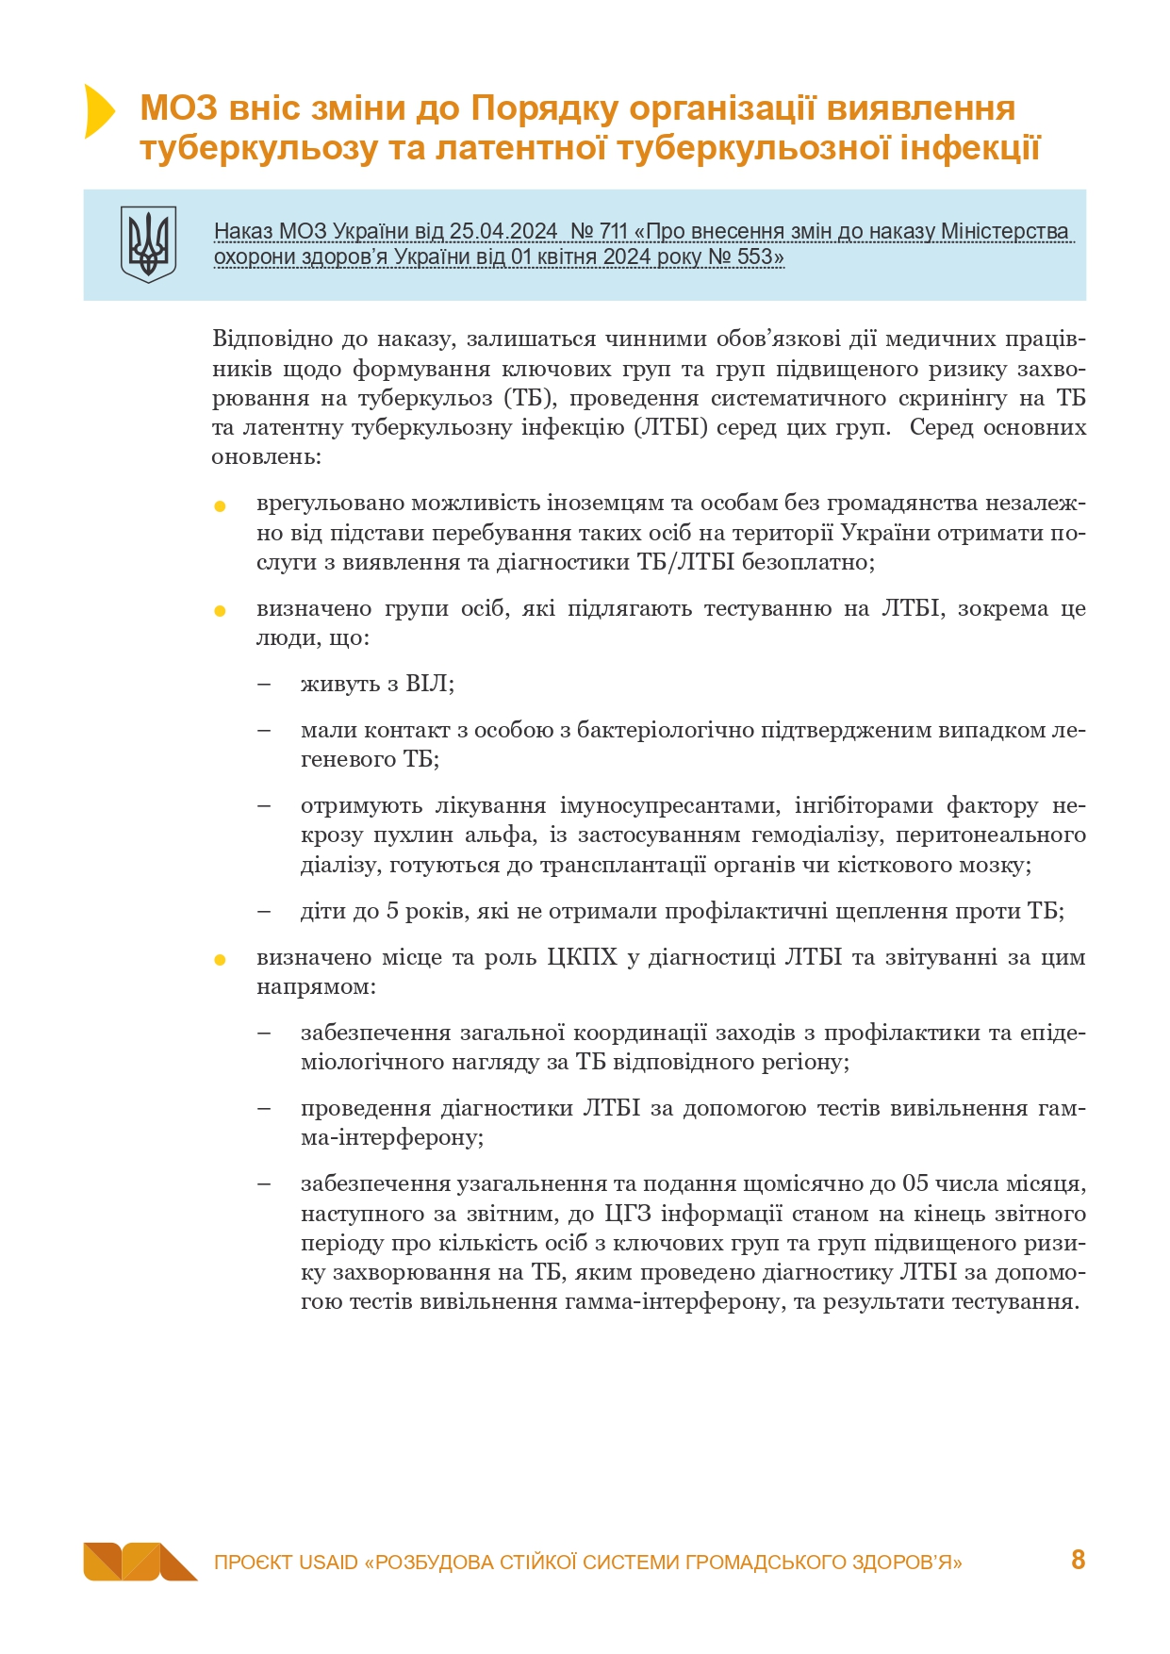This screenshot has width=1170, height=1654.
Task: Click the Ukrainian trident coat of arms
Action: pyautogui.click(x=148, y=244)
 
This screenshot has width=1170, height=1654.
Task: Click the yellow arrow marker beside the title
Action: pyautogui.click(x=98, y=111)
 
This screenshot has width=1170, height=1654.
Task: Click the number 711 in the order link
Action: pyautogui.click(x=614, y=231)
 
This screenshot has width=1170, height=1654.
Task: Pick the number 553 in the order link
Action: pyautogui.click(x=754, y=256)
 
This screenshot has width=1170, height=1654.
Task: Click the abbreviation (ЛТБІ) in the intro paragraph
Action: pyautogui.click(x=670, y=427)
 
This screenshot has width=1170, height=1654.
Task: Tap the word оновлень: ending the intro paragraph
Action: pyautogui.click(x=267, y=457)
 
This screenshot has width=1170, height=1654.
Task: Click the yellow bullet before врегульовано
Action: pyautogui.click(x=220, y=506)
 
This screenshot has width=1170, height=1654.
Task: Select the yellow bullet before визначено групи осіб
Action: pyautogui.click(x=220, y=611)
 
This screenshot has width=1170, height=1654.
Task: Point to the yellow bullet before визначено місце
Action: pyautogui.click(x=220, y=960)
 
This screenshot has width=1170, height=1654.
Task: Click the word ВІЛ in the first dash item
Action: pyautogui.click(x=428, y=684)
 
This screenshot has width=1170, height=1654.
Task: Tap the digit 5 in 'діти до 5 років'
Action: pyautogui.click(x=391, y=911)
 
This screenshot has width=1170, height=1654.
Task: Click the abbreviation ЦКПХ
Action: pyautogui.click(x=582, y=957)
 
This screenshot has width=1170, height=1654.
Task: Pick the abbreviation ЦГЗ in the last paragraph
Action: pyautogui.click(x=627, y=1214)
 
